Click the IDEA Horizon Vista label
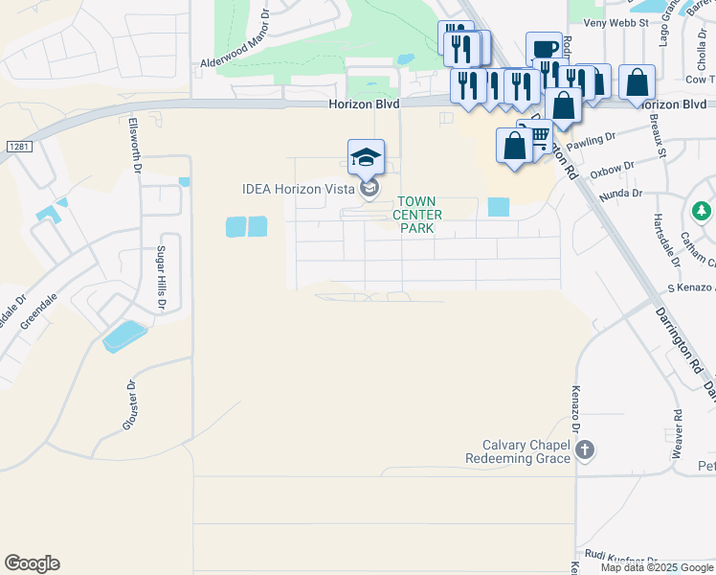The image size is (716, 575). point(298,189)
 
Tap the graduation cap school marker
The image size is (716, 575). point(366,157)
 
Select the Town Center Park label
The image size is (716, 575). point(418,215)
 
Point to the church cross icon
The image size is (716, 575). point(587,449)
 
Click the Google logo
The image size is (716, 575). point(32,563)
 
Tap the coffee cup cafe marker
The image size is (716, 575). point(544,49)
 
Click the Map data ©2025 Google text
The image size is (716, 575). point(658,567)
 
